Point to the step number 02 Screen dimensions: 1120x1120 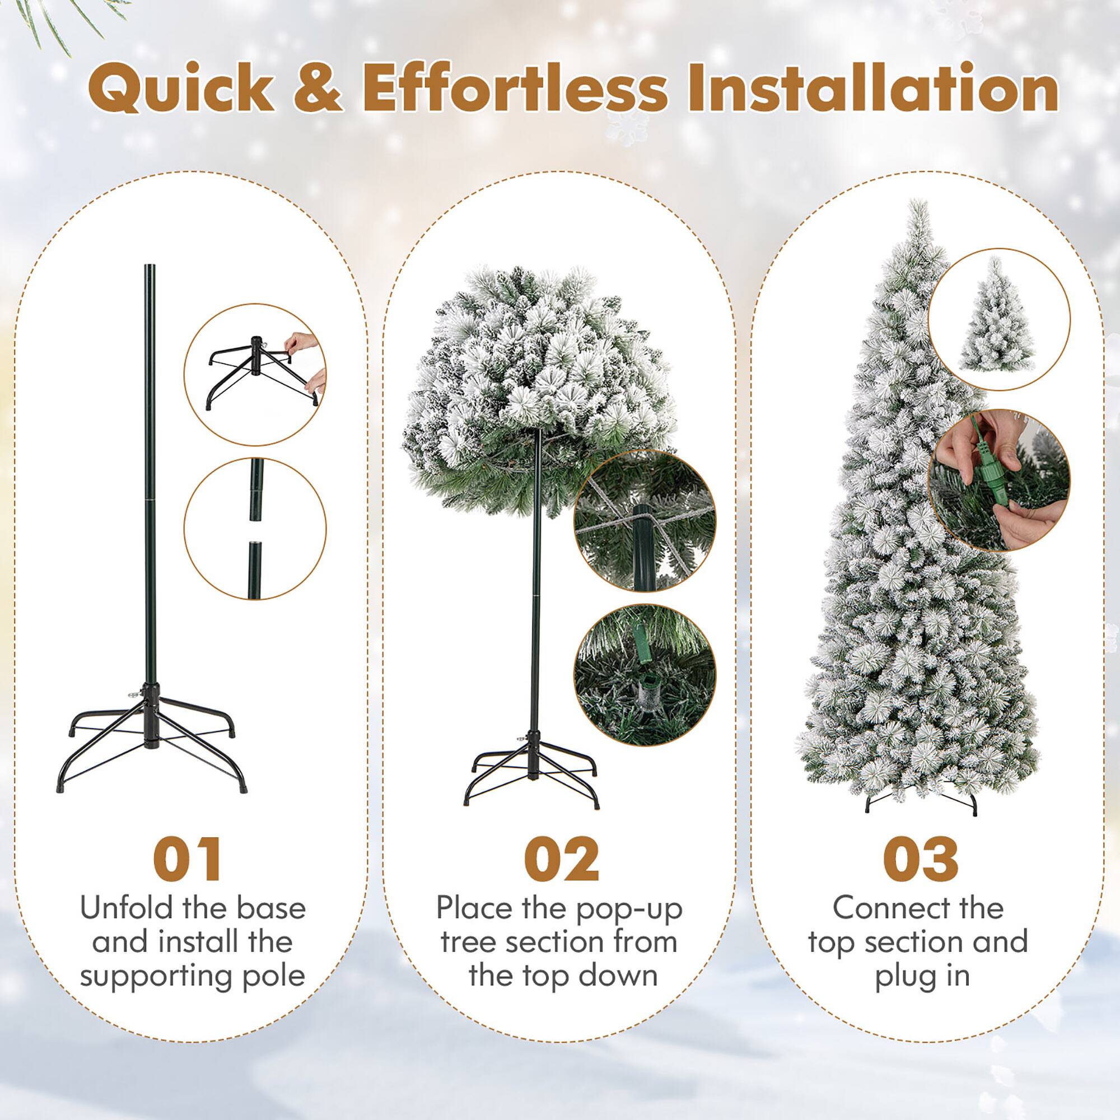point(561,860)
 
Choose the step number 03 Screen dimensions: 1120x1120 point(921,860)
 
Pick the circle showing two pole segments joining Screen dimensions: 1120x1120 point(255,529)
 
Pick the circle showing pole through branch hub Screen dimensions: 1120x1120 point(645,521)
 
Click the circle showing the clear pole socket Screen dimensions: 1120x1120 point(645,675)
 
